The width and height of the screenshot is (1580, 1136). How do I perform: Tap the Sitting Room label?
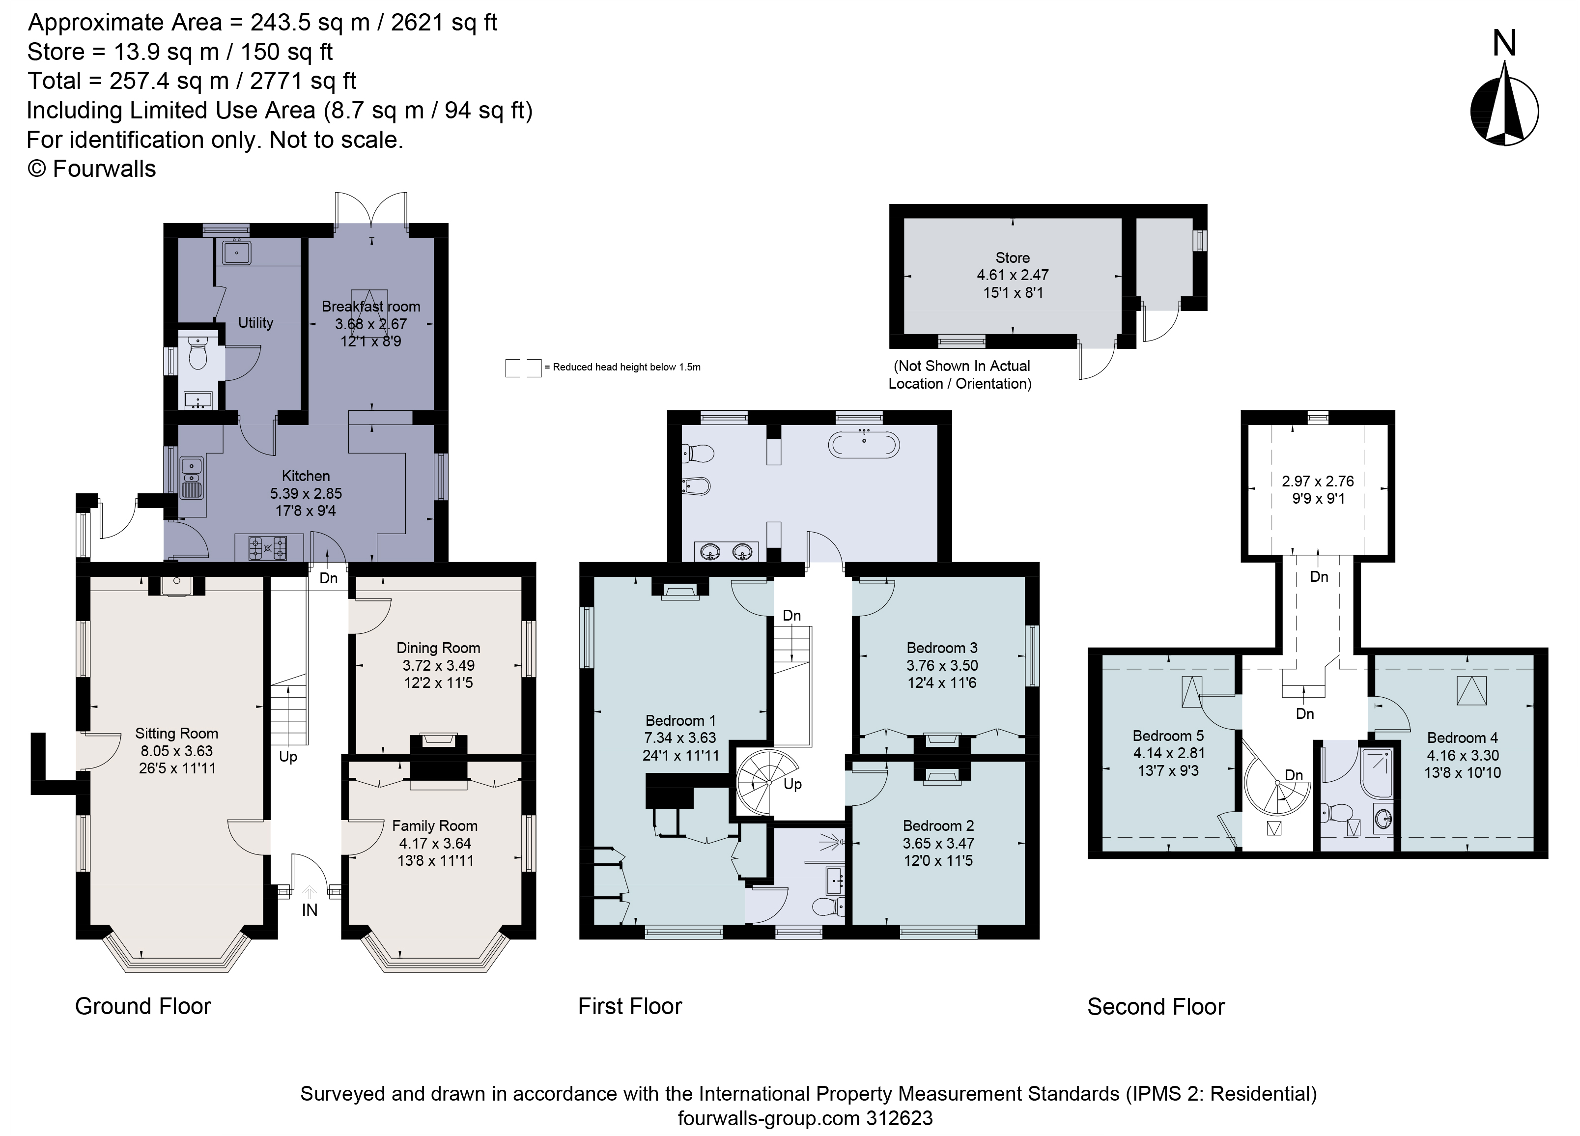[x=176, y=733]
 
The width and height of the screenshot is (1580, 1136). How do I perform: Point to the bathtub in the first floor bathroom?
[x=864, y=444]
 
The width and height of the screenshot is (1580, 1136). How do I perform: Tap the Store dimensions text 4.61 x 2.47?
[x=1012, y=275]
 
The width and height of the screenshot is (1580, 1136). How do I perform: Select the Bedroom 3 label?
[x=942, y=648]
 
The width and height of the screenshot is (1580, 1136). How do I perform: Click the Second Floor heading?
[x=1156, y=1006]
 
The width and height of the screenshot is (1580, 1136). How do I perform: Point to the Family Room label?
[x=435, y=826]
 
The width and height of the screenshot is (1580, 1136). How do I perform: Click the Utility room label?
[x=255, y=323]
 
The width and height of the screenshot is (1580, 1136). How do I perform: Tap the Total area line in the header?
[x=192, y=81]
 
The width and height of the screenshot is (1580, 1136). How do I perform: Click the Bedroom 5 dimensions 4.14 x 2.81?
[x=1168, y=753]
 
